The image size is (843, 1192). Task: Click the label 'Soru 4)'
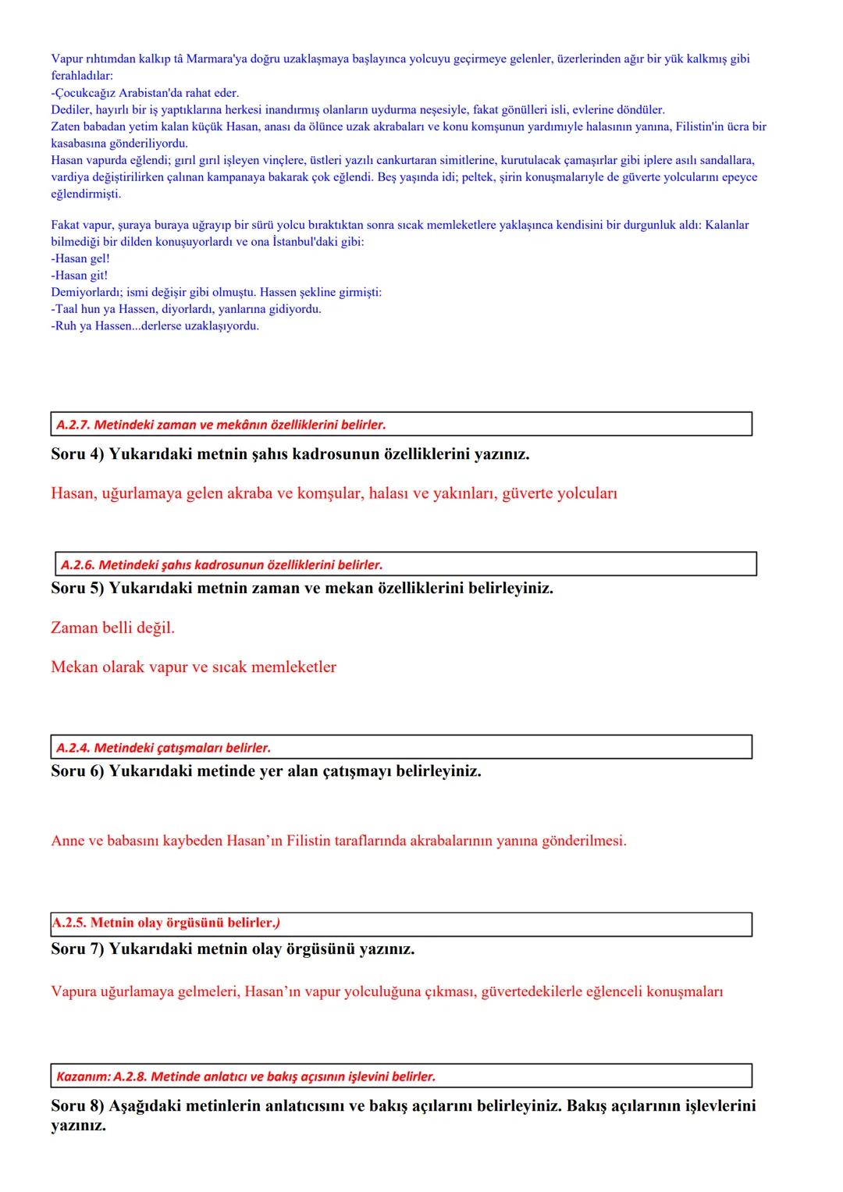pyautogui.click(x=77, y=454)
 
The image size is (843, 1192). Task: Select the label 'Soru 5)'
pyautogui.click(x=77, y=588)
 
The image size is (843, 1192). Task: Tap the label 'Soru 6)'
pyautogui.click(x=77, y=771)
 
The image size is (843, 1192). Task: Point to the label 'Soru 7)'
pyautogui.click(x=77, y=949)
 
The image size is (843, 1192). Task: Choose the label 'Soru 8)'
pyautogui.click(x=77, y=1105)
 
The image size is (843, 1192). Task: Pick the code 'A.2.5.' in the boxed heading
pyautogui.click(x=69, y=923)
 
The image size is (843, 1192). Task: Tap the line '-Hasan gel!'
pyautogui.click(x=80, y=258)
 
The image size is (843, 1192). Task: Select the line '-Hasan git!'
pyautogui.click(x=80, y=276)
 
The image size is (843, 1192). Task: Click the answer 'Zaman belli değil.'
pyautogui.click(x=112, y=628)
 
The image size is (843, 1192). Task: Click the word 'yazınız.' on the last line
pyautogui.click(x=78, y=1126)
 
